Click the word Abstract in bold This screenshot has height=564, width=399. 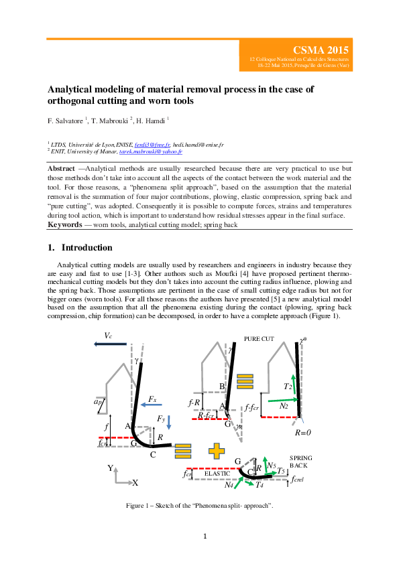63,167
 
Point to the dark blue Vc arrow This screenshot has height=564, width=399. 111,344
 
